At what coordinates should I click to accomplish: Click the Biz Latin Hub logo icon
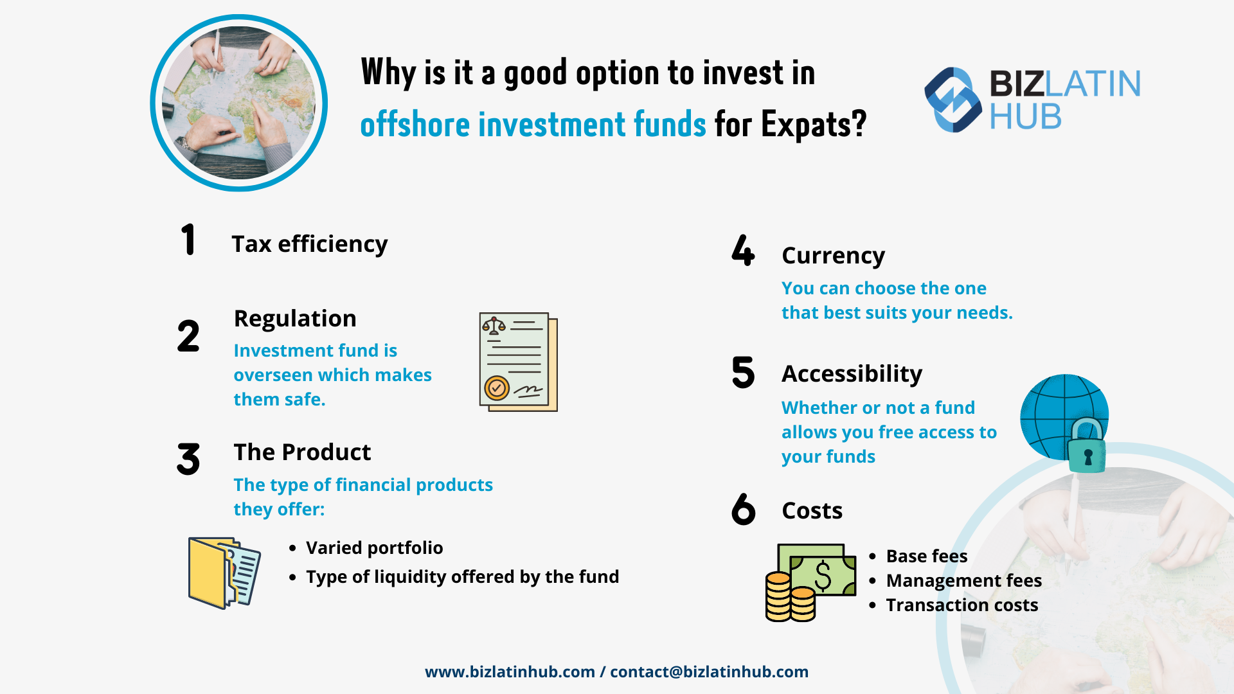[x=952, y=100]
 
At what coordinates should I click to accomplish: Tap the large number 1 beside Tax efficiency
[x=188, y=240]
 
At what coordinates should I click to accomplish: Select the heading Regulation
[x=295, y=319]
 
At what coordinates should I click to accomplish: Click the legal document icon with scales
[x=518, y=362]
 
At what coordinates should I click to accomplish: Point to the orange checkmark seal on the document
[x=496, y=387]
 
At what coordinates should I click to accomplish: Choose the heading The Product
[x=302, y=452]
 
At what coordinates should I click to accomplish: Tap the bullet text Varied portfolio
[x=374, y=548]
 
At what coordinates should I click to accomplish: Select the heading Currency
[x=833, y=256]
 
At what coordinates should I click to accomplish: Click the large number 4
[x=743, y=251]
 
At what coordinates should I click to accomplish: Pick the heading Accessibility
[x=852, y=374]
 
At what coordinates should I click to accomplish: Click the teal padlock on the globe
[x=1087, y=448]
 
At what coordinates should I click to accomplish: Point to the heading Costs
[x=812, y=511]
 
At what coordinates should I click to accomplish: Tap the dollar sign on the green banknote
[x=823, y=575]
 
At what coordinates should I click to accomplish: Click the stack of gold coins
[x=789, y=598]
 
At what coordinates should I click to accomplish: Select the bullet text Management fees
[x=963, y=581]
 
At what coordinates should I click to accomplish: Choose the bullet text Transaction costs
[x=961, y=605]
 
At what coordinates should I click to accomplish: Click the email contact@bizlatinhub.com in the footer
[x=709, y=672]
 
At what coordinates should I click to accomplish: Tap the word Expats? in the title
[x=814, y=125]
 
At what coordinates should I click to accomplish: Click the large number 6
[x=744, y=510]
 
